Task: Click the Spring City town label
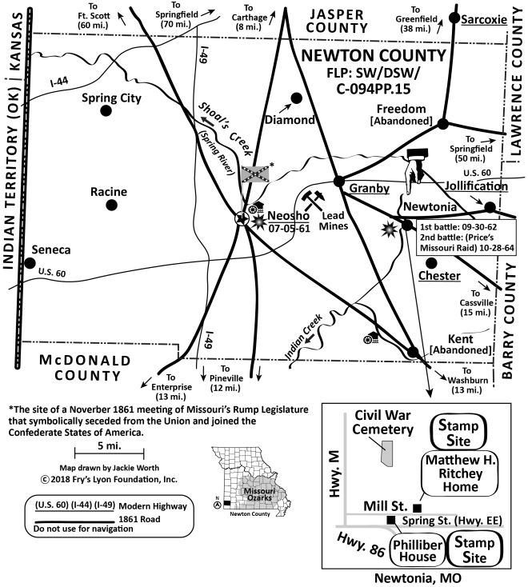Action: click(112, 98)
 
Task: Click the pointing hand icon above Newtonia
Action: click(414, 169)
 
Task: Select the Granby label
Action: click(369, 189)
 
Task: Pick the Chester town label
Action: click(438, 276)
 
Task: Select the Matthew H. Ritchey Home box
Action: click(459, 473)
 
